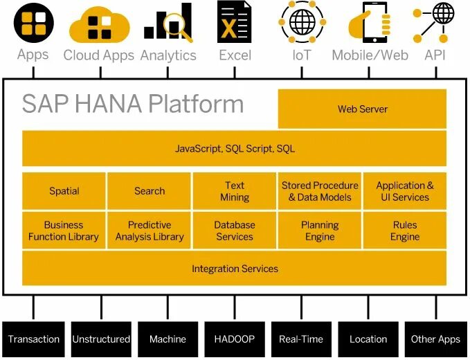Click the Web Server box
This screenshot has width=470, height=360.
point(362,109)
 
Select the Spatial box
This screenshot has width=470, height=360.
point(64,191)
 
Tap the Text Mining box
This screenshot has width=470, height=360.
point(235,191)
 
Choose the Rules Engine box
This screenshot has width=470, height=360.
point(404,231)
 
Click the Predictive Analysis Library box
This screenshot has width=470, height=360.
point(150,231)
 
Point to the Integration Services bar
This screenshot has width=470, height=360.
point(235,269)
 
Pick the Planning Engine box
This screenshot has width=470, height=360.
point(320,231)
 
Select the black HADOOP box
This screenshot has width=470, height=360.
point(235,339)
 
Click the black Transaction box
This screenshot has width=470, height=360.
point(33,339)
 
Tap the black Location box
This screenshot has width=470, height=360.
point(368,339)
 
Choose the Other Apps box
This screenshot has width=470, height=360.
point(435,339)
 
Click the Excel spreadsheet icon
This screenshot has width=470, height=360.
point(234,22)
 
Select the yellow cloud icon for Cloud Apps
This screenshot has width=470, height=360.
point(100,24)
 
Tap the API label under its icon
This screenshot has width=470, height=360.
point(435,55)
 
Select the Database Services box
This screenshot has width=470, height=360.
point(235,231)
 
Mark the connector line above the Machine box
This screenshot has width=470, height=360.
point(168,307)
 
